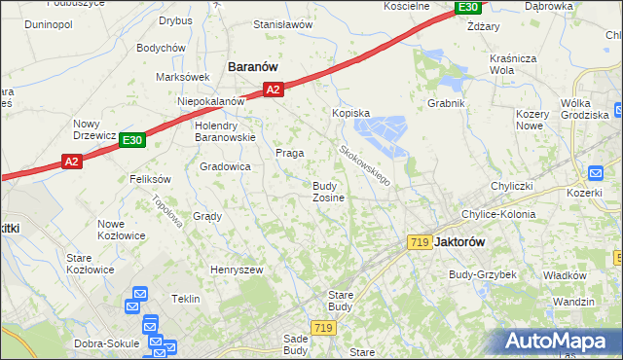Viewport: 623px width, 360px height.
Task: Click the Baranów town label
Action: [253, 66]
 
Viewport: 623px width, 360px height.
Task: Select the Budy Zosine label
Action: [328, 192]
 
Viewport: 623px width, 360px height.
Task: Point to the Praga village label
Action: [289, 153]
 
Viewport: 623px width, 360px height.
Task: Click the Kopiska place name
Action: [351, 113]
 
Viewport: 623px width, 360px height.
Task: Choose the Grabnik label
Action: [446, 102]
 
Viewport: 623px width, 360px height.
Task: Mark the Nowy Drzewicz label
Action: [94, 129]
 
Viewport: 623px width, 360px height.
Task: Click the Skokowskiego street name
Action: [366, 165]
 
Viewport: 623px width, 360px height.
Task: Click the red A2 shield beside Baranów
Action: [273, 90]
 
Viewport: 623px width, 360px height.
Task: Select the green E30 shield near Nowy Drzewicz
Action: [132, 141]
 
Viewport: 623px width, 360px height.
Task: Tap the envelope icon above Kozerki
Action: [596, 172]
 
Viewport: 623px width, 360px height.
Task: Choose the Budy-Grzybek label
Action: [482, 274]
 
